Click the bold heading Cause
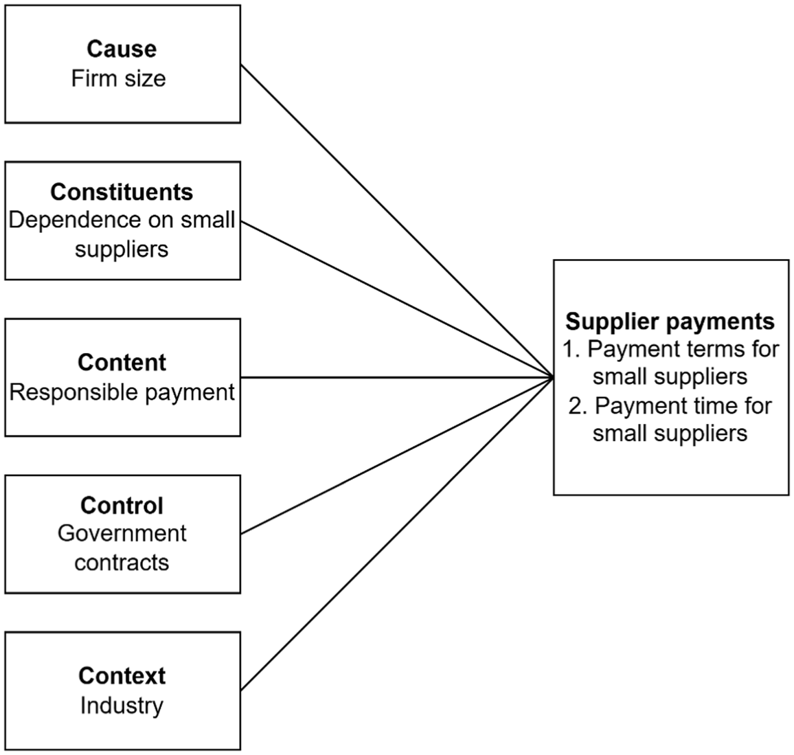[122, 49]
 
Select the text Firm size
[119, 78]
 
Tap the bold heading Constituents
[122, 192]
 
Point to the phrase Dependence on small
[122, 221]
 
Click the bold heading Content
[122, 363]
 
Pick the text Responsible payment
[122, 392]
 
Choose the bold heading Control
[122, 506]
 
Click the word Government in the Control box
[122, 533]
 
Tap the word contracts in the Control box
[122, 563]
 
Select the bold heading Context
[122, 676]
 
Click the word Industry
[122, 706]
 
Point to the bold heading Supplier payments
[670, 322]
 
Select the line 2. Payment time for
[670, 405]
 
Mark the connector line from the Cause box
[397, 221]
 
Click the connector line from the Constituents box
[397, 299]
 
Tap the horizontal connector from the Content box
[397, 377]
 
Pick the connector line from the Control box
[397, 455]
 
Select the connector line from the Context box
[397, 534]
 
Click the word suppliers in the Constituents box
[122, 249]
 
